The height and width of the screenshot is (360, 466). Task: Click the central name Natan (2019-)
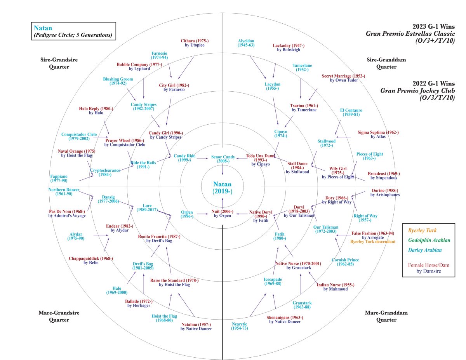pyautogui.click(x=222, y=188)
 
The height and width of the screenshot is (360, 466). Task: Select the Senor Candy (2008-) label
pyautogui.click(x=223, y=159)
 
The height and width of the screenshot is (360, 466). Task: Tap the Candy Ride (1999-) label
pyautogui.click(x=184, y=158)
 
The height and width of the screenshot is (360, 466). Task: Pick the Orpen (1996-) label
pyautogui.click(x=187, y=214)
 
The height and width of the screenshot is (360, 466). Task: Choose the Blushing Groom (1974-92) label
pyautogui.click(x=118, y=81)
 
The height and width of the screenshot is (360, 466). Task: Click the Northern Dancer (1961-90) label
pyautogui.click(x=64, y=192)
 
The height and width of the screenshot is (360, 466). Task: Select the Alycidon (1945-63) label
pyautogui.click(x=245, y=43)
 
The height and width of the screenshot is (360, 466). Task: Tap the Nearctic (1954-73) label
pyautogui.click(x=239, y=326)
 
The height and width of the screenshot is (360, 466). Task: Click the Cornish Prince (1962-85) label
pyautogui.click(x=345, y=262)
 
